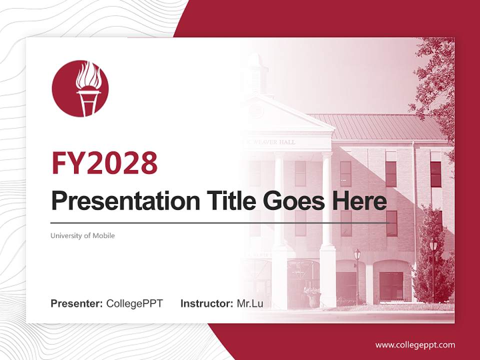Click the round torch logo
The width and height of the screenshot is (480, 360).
pyautogui.click(x=80, y=89)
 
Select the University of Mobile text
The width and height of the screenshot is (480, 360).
pyautogui.click(x=82, y=235)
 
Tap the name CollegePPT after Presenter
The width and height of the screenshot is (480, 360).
pyautogui.click(x=134, y=303)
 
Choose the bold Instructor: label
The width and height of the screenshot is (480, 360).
pyautogui.click(x=206, y=303)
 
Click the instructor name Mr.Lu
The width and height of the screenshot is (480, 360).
pyautogui.click(x=250, y=303)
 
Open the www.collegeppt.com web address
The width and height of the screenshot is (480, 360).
pyautogui.click(x=415, y=344)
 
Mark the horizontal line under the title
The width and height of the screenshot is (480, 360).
pyautogui.click(x=220, y=222)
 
